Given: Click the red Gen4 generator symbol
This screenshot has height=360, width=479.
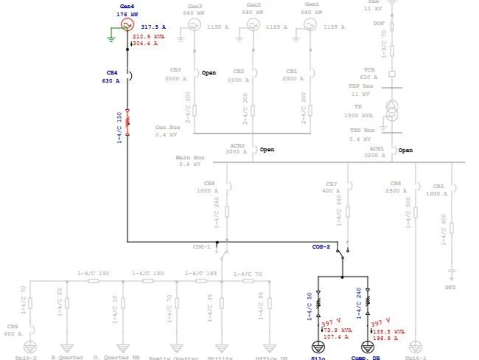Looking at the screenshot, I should pos(127,24).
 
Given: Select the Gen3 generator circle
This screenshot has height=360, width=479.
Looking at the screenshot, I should pos(194,25).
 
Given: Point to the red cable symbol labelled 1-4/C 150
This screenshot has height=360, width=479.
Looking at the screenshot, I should pos(127,123).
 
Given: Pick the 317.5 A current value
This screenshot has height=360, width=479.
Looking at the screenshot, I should pos(153,27).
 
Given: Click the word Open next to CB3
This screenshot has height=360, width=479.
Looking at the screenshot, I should pos(209,73).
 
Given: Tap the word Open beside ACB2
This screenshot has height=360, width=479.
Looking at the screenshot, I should pos(267,150).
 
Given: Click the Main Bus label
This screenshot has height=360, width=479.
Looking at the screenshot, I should pos(190,157).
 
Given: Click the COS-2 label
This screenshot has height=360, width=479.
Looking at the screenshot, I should pos(321,247).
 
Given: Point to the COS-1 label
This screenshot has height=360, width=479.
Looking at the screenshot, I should pos(202,247).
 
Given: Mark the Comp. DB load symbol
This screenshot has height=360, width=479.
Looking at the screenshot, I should pos(367,347).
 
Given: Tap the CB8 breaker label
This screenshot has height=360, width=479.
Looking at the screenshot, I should pos(209,183).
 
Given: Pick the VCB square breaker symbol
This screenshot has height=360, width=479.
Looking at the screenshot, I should pos(392,74).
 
